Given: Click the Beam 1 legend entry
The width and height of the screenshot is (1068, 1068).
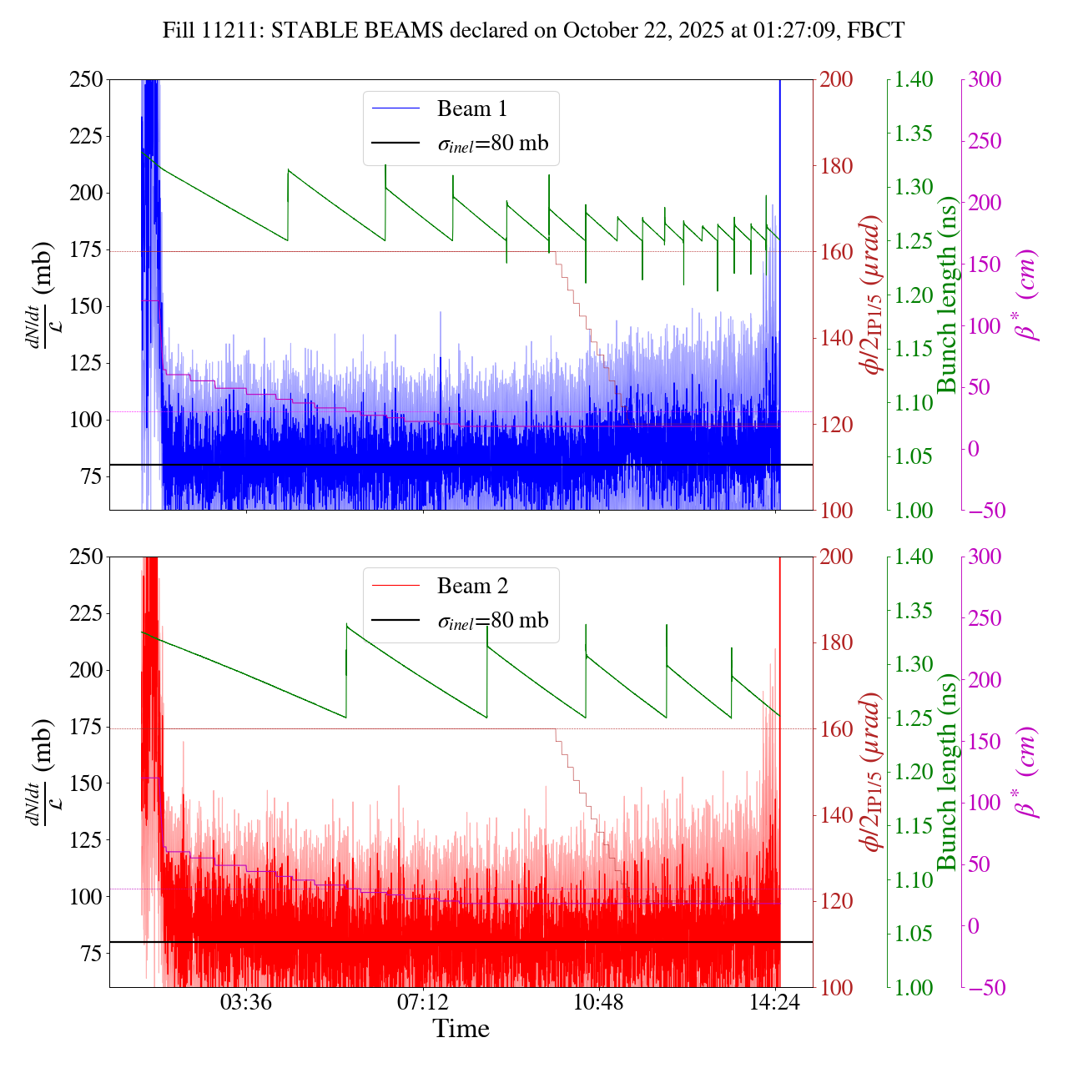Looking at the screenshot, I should tap(471, 108).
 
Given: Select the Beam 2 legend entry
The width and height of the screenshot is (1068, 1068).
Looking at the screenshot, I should tap(471, 586).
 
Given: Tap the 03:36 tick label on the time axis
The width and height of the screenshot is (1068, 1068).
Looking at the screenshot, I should tap(246, 1001).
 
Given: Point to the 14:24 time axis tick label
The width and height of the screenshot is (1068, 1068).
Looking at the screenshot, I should tap(776, 1001).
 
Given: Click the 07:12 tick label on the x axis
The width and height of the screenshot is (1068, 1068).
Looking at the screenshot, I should tap(423, 1001).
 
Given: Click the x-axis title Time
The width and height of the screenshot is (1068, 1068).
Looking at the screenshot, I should tap(461, 1029).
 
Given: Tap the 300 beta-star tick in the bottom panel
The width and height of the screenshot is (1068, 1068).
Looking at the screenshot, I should tap(985, 557).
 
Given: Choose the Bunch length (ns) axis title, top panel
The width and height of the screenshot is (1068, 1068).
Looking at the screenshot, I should tap(947, 295).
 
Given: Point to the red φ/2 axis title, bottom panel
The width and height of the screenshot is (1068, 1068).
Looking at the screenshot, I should tap(872, 772).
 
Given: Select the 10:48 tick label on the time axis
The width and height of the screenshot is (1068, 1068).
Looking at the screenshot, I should tap(599, 1001).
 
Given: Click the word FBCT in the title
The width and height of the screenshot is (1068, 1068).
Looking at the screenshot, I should tap(875, 31).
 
